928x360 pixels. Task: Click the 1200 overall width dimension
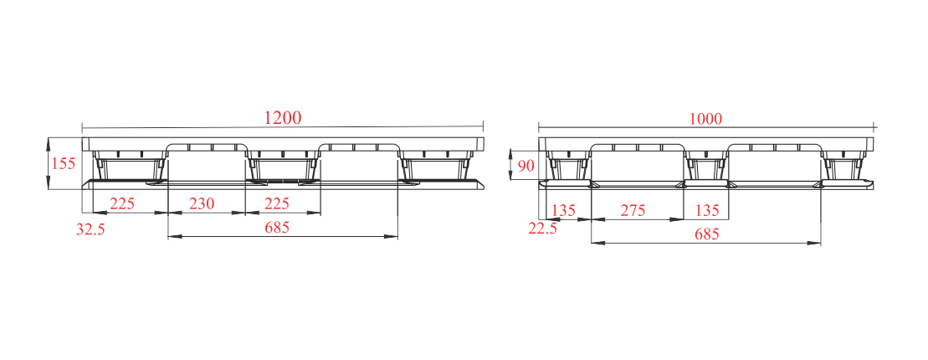pyautogui.click(x=282, y=117)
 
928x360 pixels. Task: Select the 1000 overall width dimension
pyautogui.click(x=705, y=119)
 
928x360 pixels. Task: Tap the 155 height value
pyautogui.click(x=64, y=163)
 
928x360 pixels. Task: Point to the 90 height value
pyautogui.click(x=526, y=165)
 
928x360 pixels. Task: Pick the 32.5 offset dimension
pyautogui.click(x=90, y=229)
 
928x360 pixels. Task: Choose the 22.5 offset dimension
pyautogui.click(x=543, y=229)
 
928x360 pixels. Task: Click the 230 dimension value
pyautogui.click(x=201, y=203)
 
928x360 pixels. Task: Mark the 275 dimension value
pyautogui.click(x=633, y=210)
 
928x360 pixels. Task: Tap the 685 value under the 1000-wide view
pyautogui.click(x=706, y=234)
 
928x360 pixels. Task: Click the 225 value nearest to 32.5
pyautogui.click(x=122, y=203)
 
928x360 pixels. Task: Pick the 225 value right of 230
pyautogui.click(x=276, y=203)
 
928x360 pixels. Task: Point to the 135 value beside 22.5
pyautogui.click(x=563, y=210)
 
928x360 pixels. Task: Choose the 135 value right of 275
pyautogui.click(x=706, y=210)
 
